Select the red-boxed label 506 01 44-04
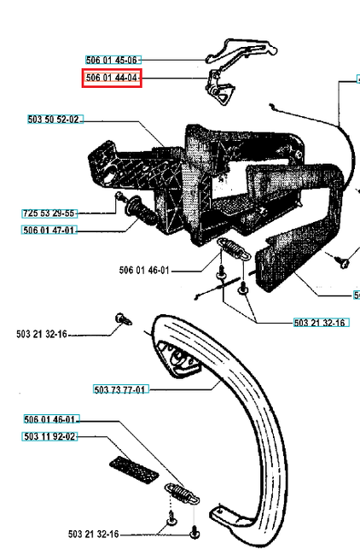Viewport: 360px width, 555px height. (x=112, y=79)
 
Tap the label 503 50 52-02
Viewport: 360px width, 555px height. (x=54, y=120)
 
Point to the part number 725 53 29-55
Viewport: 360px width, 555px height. (x=49, y=213)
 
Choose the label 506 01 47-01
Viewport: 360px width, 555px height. (x=49, y=230)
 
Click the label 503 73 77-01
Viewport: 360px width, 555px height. (x=121, y=389)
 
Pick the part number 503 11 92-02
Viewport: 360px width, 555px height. (x=49, y=436)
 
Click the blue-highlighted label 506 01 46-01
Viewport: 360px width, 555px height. (x=52, y=419)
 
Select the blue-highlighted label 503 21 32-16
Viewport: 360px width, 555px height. (x=321, y=323)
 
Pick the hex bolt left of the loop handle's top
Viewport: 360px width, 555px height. (x=120, y=322)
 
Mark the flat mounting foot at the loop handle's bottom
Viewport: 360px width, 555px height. (x=229, y=517)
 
